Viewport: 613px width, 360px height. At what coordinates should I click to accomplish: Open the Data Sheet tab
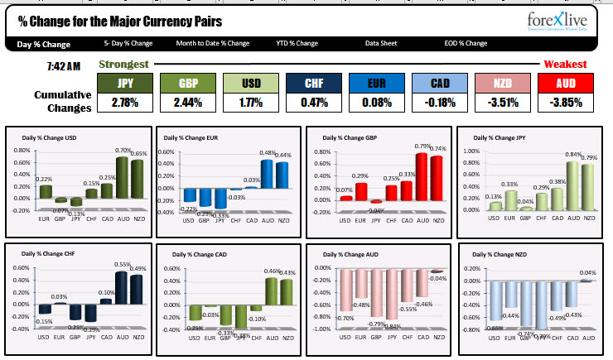(x=381, y=43)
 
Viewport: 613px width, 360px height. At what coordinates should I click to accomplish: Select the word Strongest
(x=123, y=64)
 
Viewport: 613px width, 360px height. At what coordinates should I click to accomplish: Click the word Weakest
(x=565, y=64)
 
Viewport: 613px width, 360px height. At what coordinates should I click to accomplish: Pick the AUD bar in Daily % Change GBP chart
(x=422, y=176)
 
